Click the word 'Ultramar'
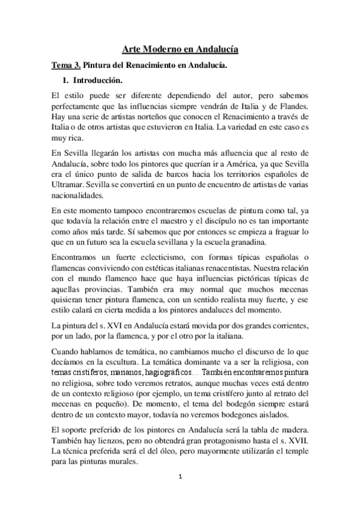click(x=68, y=187)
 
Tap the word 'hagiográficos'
click(x=165, y=373)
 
